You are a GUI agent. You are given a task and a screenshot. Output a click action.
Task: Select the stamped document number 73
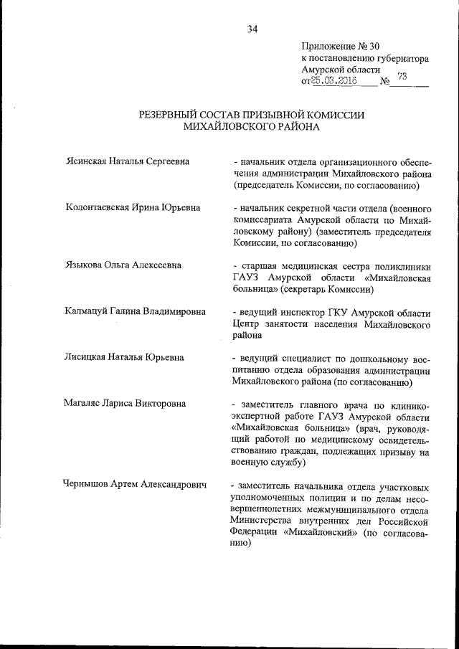pyautogui.click(x=402, y=78)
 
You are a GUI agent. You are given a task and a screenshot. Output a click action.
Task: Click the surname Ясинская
pyautogui.click(x=86, y=161)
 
